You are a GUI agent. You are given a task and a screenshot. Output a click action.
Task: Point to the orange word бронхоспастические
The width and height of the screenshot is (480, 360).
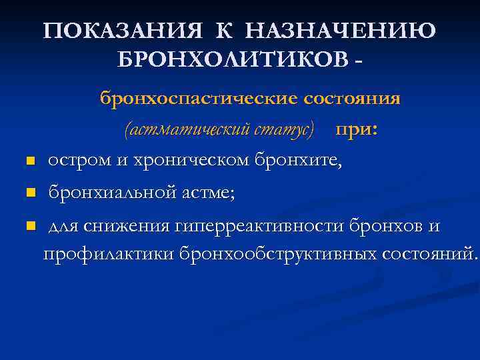click(x=197, y=99)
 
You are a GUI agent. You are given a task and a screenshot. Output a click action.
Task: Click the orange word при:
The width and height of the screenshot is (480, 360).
click(x=357, y=129)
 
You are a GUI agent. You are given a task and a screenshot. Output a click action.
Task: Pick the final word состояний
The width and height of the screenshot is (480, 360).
click(x=429, y=254)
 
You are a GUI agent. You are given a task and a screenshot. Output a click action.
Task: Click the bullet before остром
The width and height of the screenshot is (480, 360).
click(x=29, y=161)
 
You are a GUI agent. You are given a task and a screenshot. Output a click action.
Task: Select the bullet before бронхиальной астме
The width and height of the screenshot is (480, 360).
click(x=29, y=194)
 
